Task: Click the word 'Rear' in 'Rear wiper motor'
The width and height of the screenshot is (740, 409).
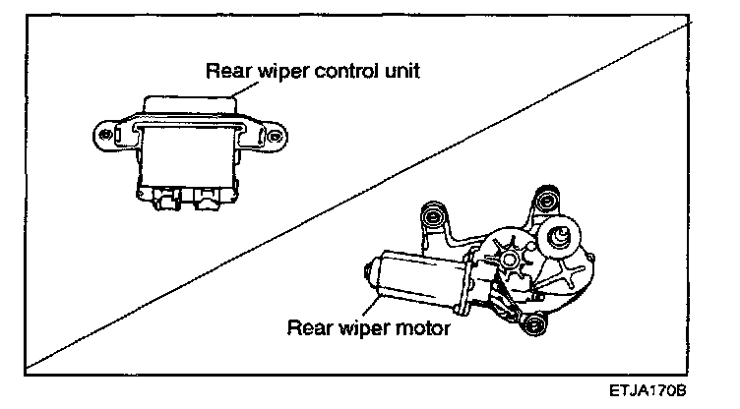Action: (306, 326)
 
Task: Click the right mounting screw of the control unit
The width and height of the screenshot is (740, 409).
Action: (276, 134)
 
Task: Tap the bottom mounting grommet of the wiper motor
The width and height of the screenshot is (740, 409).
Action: (532, 324)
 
